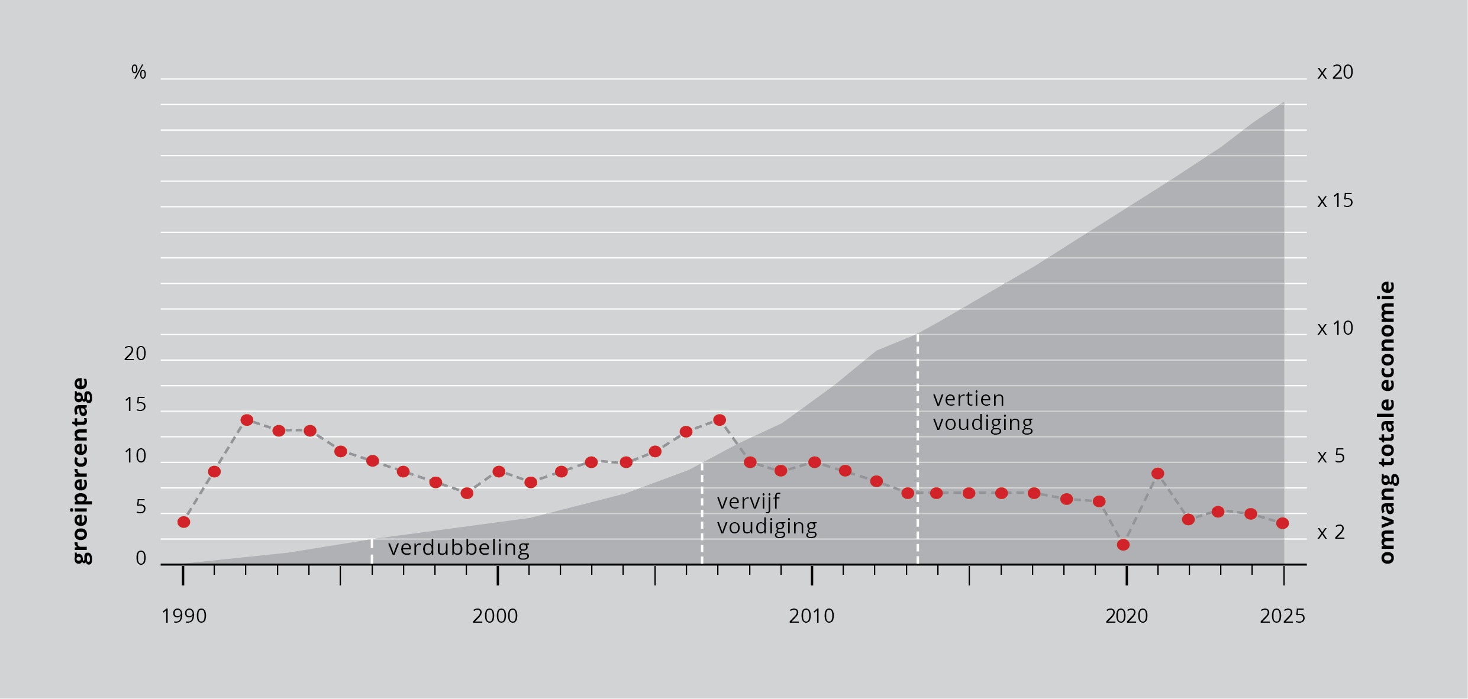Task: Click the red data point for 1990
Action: click(183, 522)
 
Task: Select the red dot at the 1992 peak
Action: click(247, 420)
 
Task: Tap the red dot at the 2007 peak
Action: click(720, 420)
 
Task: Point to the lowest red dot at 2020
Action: click(1123, 545)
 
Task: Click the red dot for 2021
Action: click(1158, 473)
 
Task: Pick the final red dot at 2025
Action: click(1282, 523)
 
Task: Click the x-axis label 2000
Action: click(495, 616)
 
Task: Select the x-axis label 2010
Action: click(811, 616)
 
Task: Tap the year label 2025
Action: click(1282, 616)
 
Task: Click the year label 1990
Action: click(184, 616)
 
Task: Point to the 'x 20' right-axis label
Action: click(1335, 72)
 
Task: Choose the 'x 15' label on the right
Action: click(1335, 201)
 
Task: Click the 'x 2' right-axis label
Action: click(1331, 532)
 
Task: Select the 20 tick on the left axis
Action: click(135, 354)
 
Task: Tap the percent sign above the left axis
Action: click(138, 72)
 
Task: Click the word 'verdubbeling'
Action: click(459, 548)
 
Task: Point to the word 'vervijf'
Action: click(748, 502)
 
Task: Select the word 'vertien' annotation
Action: click(969, 399)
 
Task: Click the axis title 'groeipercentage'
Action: click(80, 471)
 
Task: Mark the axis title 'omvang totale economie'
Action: click(1387, 422)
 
